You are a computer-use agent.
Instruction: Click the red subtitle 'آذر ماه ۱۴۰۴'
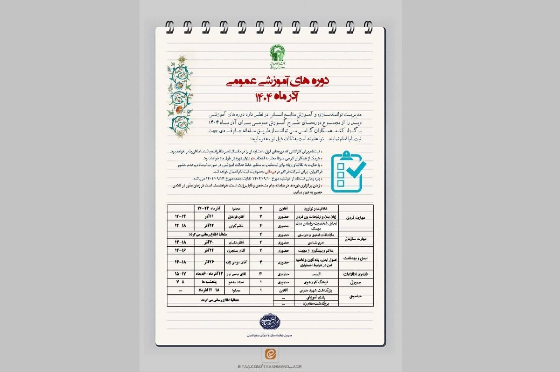[279, 97]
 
